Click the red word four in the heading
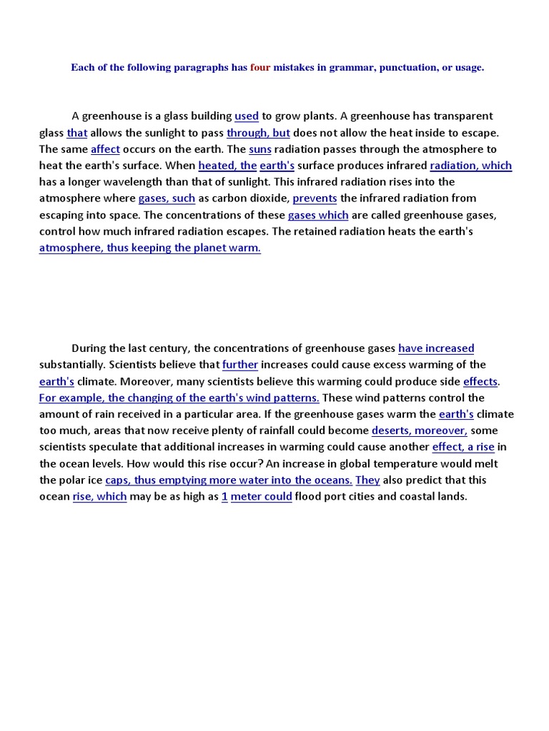(x=259, y=68)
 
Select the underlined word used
(x=247, y=116)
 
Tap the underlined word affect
(x=105, y=149)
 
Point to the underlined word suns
(x=260, y=149)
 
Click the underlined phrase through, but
(x=258, y=133)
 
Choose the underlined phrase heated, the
(x=227, y=166)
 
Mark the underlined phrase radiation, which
(x=470, y=166)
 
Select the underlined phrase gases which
(x=318, y=215)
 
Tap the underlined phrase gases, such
(x=167, y=198)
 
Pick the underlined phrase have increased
(x=436, y=348)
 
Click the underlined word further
(x=240, y=365)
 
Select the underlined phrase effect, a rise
(x=463, y=447)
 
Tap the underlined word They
(x=367, y=480)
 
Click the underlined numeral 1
(x=224, y=496)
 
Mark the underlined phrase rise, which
(x=99, y=496)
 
